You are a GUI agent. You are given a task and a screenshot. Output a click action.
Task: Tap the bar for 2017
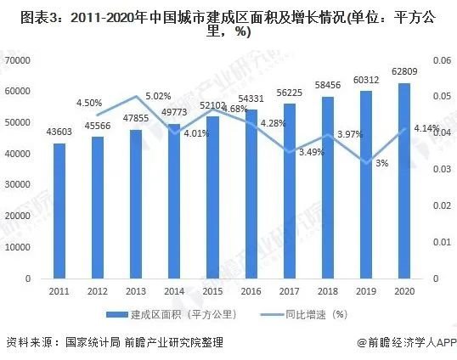tap(289, 191)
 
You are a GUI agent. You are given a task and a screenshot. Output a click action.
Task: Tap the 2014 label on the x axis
tap(174, 292)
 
